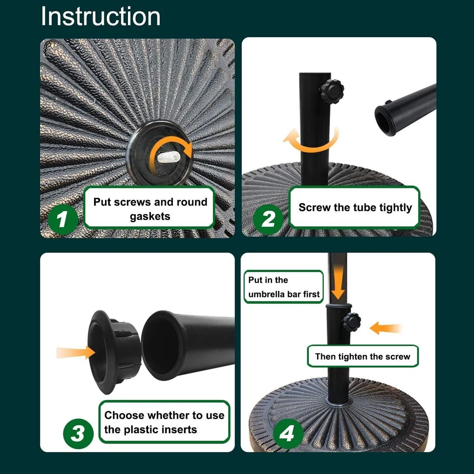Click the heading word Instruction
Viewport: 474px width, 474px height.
[x=101, y=16]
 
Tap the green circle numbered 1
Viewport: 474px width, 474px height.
[x=63, y=219]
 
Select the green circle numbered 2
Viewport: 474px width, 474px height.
[x=268, y=219]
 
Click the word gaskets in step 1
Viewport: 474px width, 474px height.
[x=150, y=216]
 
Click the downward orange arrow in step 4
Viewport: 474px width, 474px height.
[x=338, y=282]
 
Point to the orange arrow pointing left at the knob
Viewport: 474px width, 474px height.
[x=386, y=328]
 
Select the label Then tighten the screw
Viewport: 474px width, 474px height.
[x=363, y=356]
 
